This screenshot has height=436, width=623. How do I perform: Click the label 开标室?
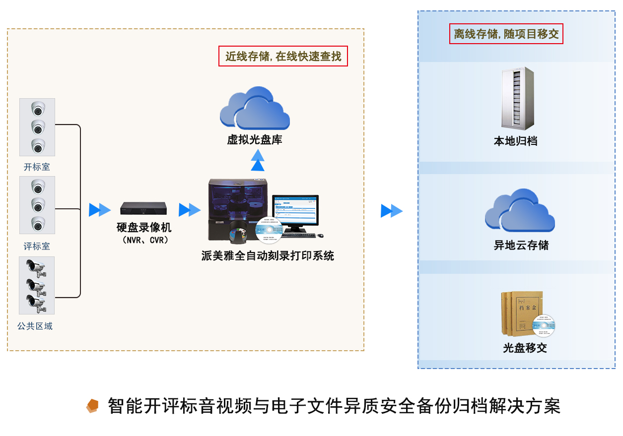point(37,167)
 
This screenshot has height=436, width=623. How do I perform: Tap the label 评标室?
point(37,247)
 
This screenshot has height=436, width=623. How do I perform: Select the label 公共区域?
point(35,326)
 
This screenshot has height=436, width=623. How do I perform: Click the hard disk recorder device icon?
point(143,208)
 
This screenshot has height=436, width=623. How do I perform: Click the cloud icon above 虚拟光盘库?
point(255,108)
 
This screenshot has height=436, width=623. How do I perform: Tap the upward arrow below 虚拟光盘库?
point(258,160)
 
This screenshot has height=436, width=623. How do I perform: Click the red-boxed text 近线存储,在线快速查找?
point(283,57)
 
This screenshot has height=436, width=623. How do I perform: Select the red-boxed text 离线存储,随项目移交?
point(506,34)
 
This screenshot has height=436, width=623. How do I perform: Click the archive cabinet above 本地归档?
point(517,98)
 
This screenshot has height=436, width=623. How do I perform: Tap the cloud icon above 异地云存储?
point(520,210)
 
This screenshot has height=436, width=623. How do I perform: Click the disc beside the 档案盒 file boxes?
point(544,326)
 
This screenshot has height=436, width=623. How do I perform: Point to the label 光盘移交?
point(525,348)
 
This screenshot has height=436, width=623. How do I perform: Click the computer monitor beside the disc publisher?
point(295,212)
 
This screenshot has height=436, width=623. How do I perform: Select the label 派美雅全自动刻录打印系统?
point(268,256)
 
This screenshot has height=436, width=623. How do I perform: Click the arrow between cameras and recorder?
point(100,210)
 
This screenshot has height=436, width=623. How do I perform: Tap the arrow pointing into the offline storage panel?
point(392,211)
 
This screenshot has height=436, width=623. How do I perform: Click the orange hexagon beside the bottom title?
point(92,406)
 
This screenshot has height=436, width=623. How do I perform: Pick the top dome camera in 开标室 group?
point(38,109)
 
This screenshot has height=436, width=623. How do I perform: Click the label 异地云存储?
point(521,246)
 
